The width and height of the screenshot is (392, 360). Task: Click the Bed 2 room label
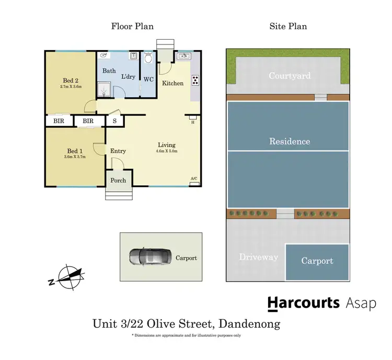pyautogui.click(x=71, y=80)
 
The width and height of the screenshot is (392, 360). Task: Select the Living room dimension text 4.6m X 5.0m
pyautogui.click(x=167, y=152)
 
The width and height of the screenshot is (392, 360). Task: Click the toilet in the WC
pyautogui.click(x=148, y=59)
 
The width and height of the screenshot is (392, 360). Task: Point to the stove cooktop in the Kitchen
pyautogui.click(x=195, y=80)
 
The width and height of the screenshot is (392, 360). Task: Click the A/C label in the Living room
pyautogui.click(x=194, y=179)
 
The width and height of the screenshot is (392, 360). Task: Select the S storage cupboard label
pyautogui.click(x=114, y=121)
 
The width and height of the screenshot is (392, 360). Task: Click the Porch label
pyautogui.click(x=118, y=180)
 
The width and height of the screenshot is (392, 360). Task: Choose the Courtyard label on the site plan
pyautogui.click(x=289, y=76)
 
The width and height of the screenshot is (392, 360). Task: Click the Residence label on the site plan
pyautogui.click(x=289, y=141)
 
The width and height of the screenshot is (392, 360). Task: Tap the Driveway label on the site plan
pyautogui.click(x=258, y=257)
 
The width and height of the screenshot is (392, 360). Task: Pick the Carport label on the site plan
pyautogui.click(x=317, y=261)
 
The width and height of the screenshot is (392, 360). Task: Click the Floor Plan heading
pyautogui.click(x=132, y=26)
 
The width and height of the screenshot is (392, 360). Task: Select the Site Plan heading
pyautogui.click(x=288, y=26)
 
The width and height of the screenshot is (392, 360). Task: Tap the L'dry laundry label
pyautogui.click(x=128, y=77)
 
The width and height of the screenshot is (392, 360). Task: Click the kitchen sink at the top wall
pyautogui.click(x=184, y=55)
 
